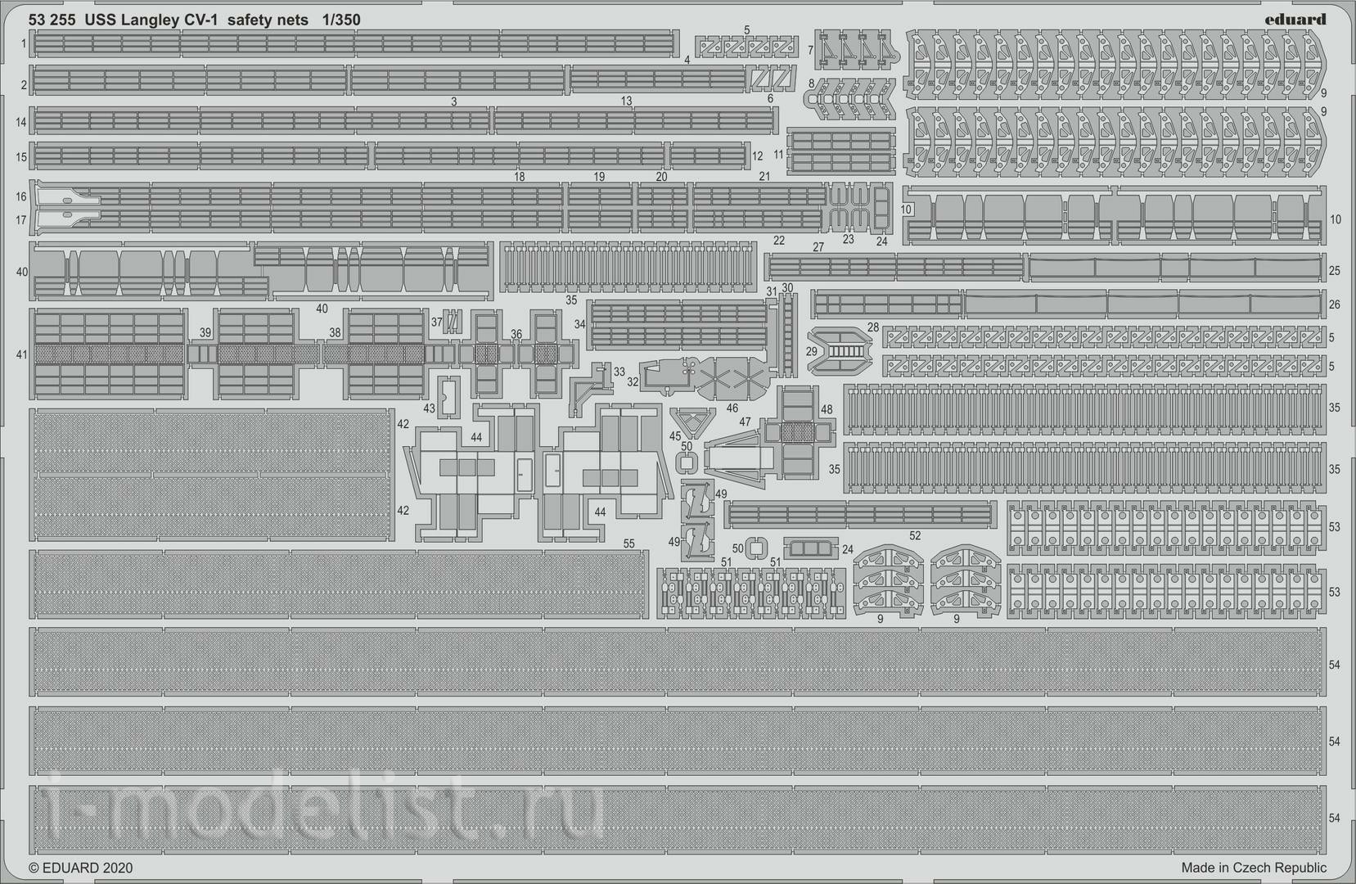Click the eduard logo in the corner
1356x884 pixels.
point(1295,20)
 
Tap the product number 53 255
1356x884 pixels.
point(52,20)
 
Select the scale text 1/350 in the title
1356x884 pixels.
point(341,20)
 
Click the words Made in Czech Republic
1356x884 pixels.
point(1254,868)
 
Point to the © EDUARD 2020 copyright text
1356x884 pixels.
point(80,868)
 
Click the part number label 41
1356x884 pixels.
point(22,354)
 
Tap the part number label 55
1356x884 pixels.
point(629,543)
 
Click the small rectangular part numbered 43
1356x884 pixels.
point(448,397)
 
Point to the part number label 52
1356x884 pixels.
point(915,536)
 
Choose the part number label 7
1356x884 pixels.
point(811,50)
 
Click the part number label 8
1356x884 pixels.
point(811,83)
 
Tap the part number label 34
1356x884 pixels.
point(580,324)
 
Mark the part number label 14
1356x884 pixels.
point(21,122)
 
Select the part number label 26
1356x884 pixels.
point(1334,304)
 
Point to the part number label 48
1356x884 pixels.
point(827,409)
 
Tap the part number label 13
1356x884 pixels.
point(626,101)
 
